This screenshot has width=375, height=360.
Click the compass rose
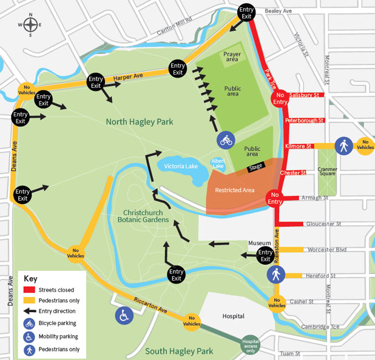(x=30, y=25)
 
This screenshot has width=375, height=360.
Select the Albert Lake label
(x=217, y=164)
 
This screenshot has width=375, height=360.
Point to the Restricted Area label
(x=239, y=190)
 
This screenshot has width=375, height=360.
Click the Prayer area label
(x=232, y=57)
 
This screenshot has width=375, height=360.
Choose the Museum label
(x=258, y=243)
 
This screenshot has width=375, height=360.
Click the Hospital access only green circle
(x=251, y=344)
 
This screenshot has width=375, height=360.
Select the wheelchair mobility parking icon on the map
(x=124, y=315)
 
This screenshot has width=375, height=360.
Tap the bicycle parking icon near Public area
(x=226, y=141)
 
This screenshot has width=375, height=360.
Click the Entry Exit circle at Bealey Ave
(x=246, y=13)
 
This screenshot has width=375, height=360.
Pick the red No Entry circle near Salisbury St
(x=280, y=98)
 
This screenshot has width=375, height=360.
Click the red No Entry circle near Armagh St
(x=275, y=198)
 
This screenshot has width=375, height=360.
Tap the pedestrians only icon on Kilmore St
(x=343, y=145)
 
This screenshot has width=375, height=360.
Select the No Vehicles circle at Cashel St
(x=277, y=302)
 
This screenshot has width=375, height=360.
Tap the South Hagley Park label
(x=179, y=351)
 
